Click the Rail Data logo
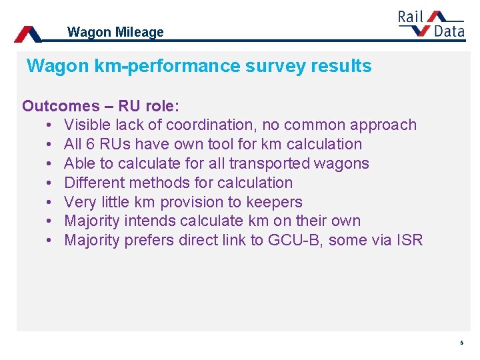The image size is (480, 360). (x=431, y=25)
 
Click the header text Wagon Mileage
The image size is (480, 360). (x=115, y=32)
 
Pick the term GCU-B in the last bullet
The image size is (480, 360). (x=293, y=240)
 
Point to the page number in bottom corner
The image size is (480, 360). (x=461, y=343)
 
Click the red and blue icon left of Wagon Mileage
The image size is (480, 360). (x=28, y=34)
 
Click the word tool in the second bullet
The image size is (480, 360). (x=236, y=144)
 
